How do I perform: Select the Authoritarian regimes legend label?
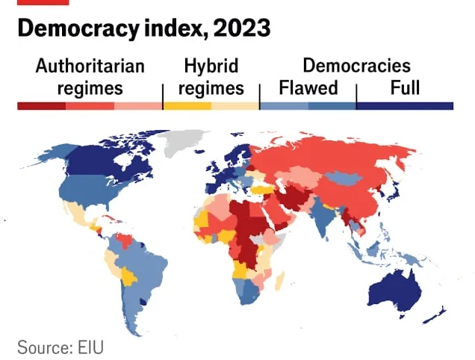click(89, 77)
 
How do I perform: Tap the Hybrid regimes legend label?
click(211, 77)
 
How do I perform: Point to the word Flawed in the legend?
click(308, 88)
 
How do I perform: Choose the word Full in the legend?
click(405, 88)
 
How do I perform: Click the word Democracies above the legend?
click(356, 66)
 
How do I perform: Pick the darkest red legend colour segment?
click(41, 106)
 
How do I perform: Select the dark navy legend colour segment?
click(405, 106)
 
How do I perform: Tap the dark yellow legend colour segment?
click(187, 106)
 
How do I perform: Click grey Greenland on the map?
click(185, 140)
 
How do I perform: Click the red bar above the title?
click(43, 2)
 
